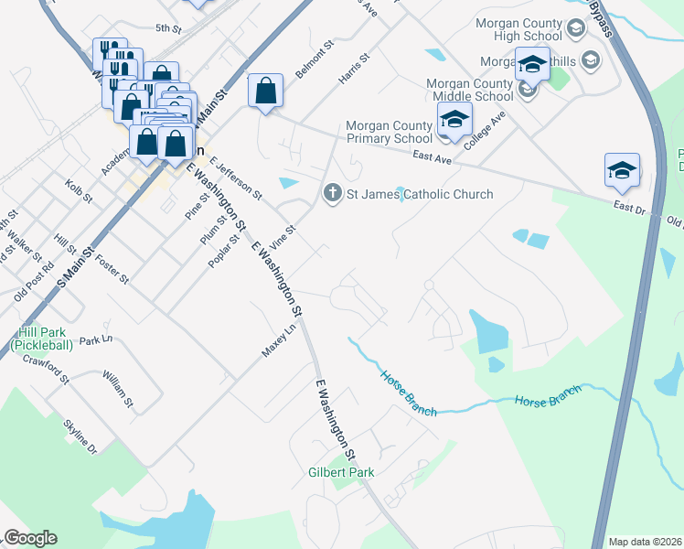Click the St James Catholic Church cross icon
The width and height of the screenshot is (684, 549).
point(332,193)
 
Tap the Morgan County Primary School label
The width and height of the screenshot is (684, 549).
point(387,133)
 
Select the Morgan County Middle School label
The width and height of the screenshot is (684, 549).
point(470,90)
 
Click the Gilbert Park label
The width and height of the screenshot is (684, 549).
point(340,472)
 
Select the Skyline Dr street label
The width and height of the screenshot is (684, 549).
point(80,436)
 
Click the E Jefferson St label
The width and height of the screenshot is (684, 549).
point(235,178)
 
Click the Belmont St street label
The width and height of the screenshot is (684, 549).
point(311,61)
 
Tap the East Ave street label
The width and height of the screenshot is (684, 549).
point(433,158)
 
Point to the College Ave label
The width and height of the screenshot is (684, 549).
point(485,131)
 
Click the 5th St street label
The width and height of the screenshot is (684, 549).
point(168,28)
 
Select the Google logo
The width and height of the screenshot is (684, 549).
point(29,538)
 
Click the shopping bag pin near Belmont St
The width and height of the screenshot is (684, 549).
point(265,91)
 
